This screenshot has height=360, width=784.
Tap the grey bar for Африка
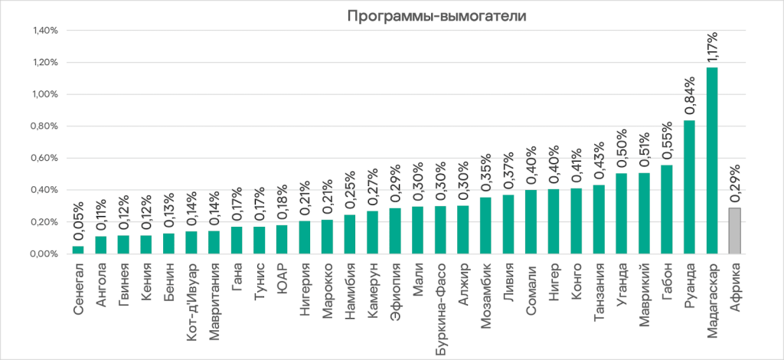pos(735,231)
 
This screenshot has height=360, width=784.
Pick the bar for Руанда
pos(689,187)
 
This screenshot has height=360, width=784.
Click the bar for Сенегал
pos(78,250)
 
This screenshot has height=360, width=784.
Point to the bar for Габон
pos(667,209)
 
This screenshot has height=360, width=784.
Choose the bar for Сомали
pos(531,221)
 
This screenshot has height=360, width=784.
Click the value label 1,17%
pos(712,47)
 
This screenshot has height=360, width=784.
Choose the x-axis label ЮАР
pos(283,276)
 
